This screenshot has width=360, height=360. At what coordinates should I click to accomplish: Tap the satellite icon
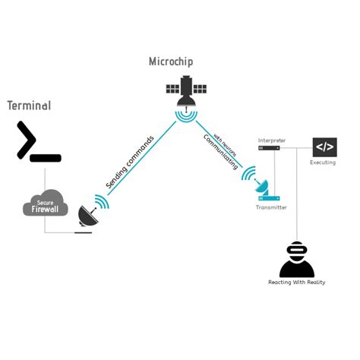click(186, 91)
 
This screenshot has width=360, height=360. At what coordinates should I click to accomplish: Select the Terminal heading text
click(29, 106)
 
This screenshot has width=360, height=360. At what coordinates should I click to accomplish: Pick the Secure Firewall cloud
click(46, 203)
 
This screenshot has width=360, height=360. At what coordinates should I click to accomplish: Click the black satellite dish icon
click(87, 217)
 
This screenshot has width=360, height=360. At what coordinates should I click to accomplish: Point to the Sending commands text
click(130, 162)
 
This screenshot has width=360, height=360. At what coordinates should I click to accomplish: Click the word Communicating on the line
click(219, 152)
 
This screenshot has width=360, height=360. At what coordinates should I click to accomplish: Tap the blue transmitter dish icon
click(261, 185)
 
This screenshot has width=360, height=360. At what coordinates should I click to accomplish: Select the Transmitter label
click(271, 207)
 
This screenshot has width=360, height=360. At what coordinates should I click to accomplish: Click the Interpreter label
click(272, 141)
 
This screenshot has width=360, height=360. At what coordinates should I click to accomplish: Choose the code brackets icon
click(324, 147)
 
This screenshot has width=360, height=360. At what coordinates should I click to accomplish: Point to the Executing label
click(323, 163)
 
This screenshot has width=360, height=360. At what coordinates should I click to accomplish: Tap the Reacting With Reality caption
click(297, 283)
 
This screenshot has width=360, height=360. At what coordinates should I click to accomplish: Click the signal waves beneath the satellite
click(186, 116)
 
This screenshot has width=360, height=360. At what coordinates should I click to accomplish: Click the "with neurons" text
click(225, 144)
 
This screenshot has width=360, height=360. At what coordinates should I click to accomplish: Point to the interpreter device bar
click(269, 148)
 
